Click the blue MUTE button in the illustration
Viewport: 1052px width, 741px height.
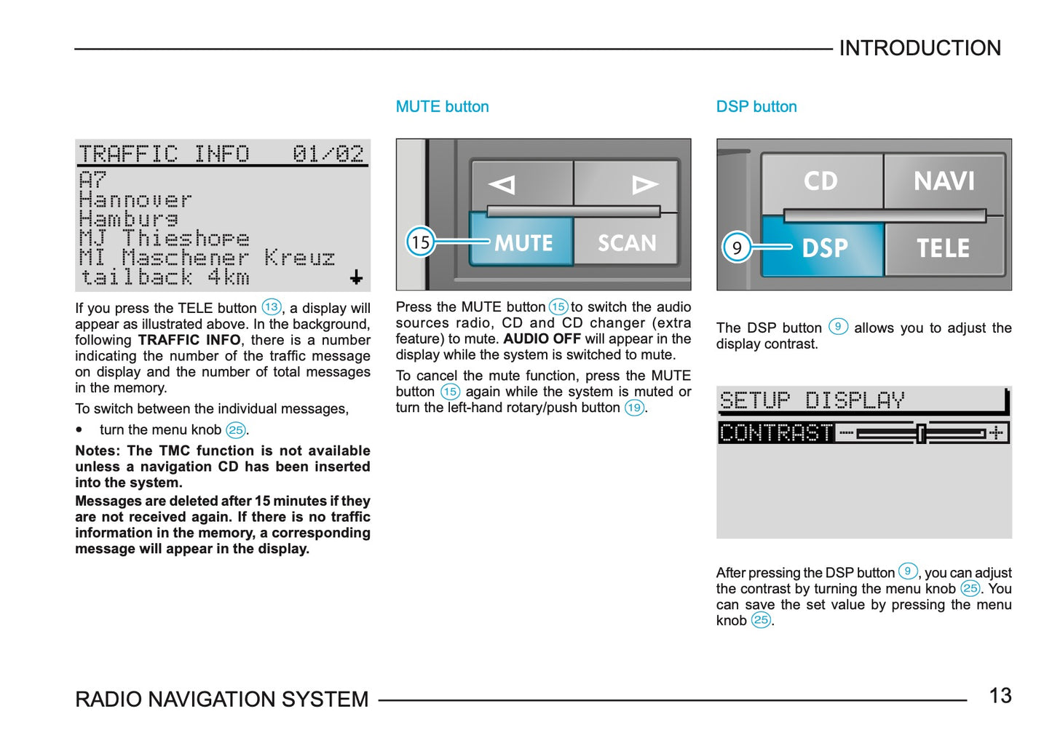coord(522,242)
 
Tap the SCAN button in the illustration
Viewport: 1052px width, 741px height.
coord(626,242)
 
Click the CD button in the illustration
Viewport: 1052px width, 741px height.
coord(820,181)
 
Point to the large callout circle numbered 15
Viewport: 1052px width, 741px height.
coord(420,242)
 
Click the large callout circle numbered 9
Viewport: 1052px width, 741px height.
coord(737,248)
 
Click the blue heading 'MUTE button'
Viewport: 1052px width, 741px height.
coord(442,107)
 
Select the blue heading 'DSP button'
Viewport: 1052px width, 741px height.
coord(756,107)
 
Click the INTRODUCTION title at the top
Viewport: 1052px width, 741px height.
coord(919,48)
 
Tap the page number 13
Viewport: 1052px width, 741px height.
coord(1000,696)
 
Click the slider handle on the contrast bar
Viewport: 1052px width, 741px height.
coord(921,433)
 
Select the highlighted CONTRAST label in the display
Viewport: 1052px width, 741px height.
coord(776,433)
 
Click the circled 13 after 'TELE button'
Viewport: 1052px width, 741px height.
coord(272,307)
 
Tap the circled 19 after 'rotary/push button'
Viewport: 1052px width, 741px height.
coord(634,408)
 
